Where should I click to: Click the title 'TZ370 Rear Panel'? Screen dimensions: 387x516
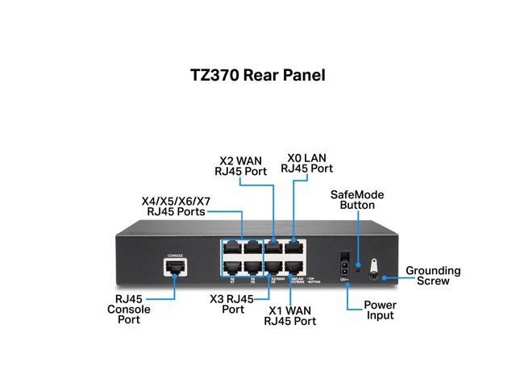pos(257,76)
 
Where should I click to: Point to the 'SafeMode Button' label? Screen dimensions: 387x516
pos(357,201)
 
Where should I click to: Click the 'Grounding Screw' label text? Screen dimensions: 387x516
pos(433,276)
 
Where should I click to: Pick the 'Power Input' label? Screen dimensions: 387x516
pos(379,310)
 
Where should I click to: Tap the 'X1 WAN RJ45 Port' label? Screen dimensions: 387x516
pos(291,315)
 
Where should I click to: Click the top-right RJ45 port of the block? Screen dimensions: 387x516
pos(294,247)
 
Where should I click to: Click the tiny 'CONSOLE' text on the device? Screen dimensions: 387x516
pos(174,256)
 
